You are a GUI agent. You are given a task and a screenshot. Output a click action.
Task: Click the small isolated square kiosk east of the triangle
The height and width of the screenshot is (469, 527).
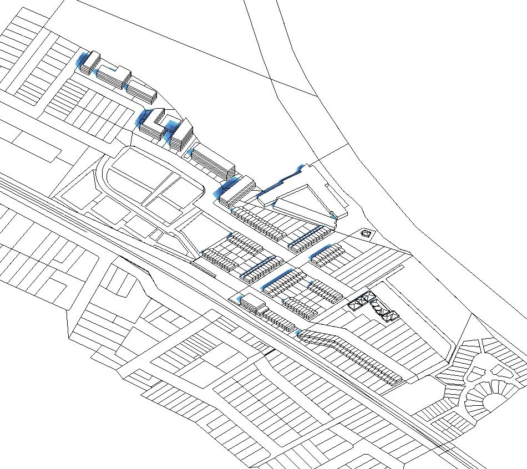tap(366, 234)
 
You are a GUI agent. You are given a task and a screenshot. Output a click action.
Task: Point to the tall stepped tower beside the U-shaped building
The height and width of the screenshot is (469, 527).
tap(180, 135)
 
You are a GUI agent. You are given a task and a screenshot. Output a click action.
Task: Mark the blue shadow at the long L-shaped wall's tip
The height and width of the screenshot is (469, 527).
tap(301, 167)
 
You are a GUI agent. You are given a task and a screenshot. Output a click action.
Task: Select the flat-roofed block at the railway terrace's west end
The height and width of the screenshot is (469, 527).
tap(252, 303)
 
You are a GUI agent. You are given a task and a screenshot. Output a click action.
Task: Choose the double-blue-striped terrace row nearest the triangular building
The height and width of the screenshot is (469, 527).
tap(305, 237)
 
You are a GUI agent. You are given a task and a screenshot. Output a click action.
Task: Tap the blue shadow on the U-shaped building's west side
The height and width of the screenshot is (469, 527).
tap(141, 118)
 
